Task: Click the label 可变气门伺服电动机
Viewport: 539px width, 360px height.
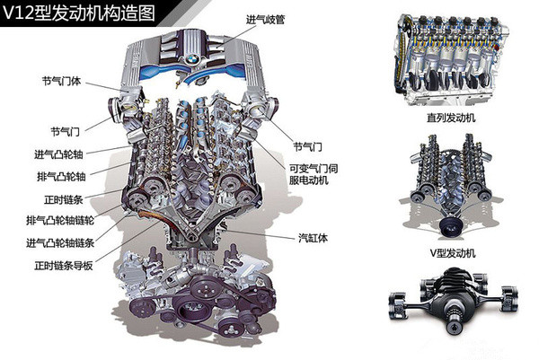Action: [315, 172]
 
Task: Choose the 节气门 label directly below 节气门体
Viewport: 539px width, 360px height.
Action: [66, 127]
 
